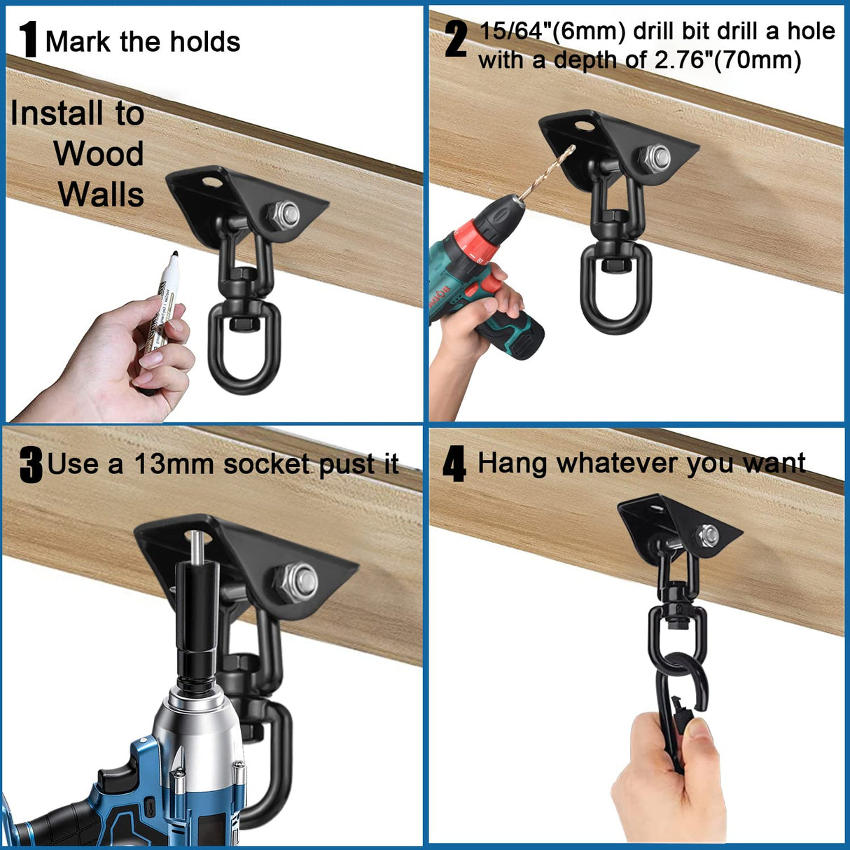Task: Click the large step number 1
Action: click(x=28, y=40)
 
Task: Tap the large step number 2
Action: click(x=456, y=40)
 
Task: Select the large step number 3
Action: click(x=31, y=465)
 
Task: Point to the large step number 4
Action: click(x=454, y=465)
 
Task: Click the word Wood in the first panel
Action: click(x=99, y=154)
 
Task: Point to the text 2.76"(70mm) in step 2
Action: click(x=728, y=61)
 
